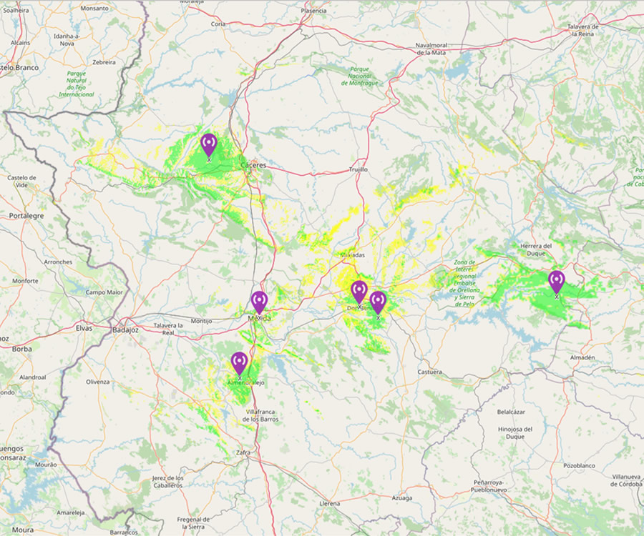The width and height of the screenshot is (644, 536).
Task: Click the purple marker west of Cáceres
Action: pyautogui.click(x=208, y=144)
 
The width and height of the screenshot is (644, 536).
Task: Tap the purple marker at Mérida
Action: pyautogui.click(x=259, y=302)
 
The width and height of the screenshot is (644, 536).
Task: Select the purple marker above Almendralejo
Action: pyautogui.click(x=239, y=363)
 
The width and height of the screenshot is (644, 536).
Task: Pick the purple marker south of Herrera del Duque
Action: pyautogui.click(x=556, y=282)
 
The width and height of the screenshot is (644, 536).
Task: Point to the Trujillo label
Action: pyautogui.click(x=358, y=169)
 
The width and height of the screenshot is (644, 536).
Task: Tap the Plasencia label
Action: pyautogui.click(x=314, y=11)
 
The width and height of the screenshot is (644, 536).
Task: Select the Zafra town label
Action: pyautogui.click(x=244, y=452)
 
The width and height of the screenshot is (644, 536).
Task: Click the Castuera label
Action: pyautogui.click(x=429, y=372)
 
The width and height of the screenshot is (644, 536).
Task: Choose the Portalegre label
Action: pyautogui.click(x=26, y=215)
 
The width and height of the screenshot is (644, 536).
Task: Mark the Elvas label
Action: pyautogui.click(x=84, y=328)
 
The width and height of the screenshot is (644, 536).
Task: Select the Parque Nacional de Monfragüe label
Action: pyautogui.click(x=359, y=76)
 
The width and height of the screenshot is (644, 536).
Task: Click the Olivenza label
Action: pyautogui.click(x=98, y=382)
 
